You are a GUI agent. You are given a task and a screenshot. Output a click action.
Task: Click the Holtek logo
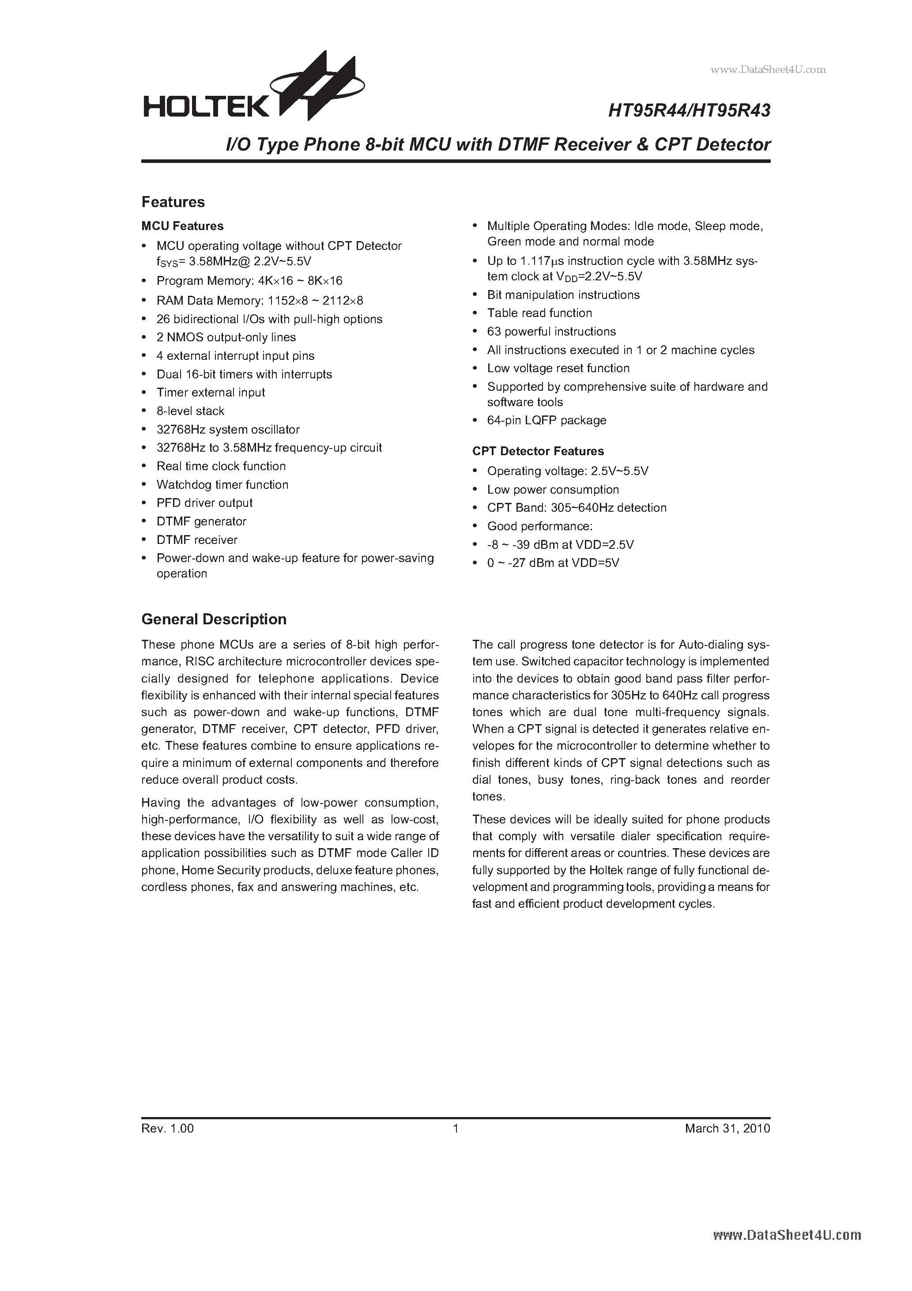pyautogui.click(x=253, y=90)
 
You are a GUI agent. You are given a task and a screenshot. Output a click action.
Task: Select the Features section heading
pyautogui.click(x=173, y=202)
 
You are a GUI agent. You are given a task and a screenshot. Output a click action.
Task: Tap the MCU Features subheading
pyautogui.click(x=182, y=226)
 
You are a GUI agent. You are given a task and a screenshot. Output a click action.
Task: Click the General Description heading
pyautogui.click(x=214, y=619)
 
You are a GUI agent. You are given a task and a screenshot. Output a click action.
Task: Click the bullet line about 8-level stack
pyautogui.click(x=190, y=411)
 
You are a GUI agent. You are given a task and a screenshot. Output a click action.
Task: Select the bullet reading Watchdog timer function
pyautogui.click(x=222, y=485)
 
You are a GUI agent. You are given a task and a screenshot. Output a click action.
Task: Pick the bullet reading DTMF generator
pyautogui.click(x=201, y=521)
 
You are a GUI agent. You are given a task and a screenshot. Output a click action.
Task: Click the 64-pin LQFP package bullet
pyautogui.click(x=546, y=421)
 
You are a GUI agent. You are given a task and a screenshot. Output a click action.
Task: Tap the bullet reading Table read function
pyautogui.click(x=539, y=313)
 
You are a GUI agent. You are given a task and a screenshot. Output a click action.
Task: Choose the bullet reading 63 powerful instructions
pyautogui.click(x=551, y=332)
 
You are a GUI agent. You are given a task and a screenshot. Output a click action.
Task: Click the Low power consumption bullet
pyautogui.click(x=553, y=490)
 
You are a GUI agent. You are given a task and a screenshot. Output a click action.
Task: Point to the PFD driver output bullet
pyautogui.click(x=205, y=503)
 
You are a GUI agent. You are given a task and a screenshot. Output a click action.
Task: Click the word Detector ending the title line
pyautogui.click(x=733, y=144)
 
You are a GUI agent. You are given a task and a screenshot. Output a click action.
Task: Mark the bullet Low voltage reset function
pyautogui.click(x=558, y=368)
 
